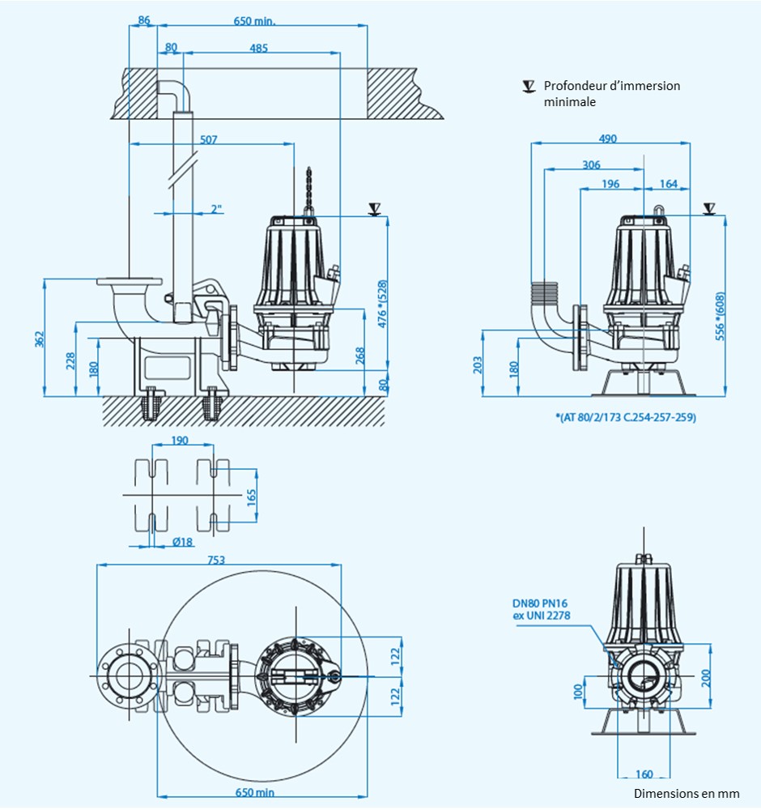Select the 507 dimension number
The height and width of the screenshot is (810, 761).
209,139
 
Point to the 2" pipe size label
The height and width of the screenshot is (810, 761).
216,209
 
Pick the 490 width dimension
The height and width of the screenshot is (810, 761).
607,139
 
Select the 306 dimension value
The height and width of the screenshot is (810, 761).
592,164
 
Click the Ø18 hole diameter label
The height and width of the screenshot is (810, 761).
184,542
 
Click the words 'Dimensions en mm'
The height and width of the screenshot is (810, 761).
686,793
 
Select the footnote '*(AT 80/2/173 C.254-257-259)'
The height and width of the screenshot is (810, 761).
626,417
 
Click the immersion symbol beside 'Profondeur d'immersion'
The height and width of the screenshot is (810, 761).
529,86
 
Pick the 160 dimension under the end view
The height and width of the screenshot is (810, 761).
645,773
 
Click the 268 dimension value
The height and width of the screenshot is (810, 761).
360,355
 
